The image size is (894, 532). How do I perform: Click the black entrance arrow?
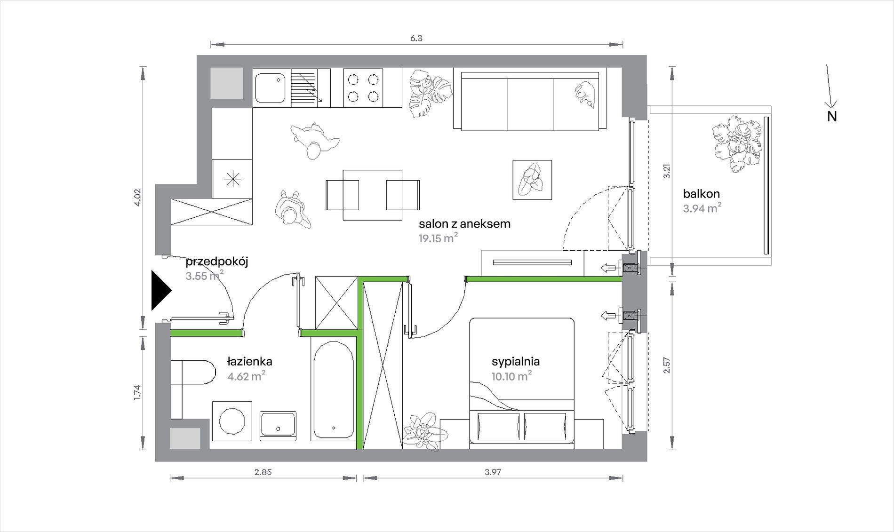(x=160, y=291)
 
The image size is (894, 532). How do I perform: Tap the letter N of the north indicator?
(x=832, y=117)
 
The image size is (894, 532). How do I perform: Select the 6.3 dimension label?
(x=416, y=39)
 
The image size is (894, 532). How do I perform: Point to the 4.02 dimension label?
(x=137, y=198)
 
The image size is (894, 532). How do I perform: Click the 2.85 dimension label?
(x=263, y=472)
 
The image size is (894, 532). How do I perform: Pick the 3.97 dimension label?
(x=493, y=472)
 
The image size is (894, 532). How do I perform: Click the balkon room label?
(x=701, y=193)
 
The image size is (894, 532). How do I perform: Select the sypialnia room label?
(x=516, y=362)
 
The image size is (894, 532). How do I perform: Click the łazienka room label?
(x=249, y=361)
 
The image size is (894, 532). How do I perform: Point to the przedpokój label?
(x=216, y=262)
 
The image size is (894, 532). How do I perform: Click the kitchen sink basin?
(x=270, y=87)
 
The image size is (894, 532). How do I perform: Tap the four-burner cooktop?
(x=363, y=88)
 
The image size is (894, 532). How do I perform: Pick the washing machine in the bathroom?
(x=232, y=421)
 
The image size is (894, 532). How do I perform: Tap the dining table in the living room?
(x=372, y=195)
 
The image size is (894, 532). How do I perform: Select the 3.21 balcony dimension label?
(x=666, y=171)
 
